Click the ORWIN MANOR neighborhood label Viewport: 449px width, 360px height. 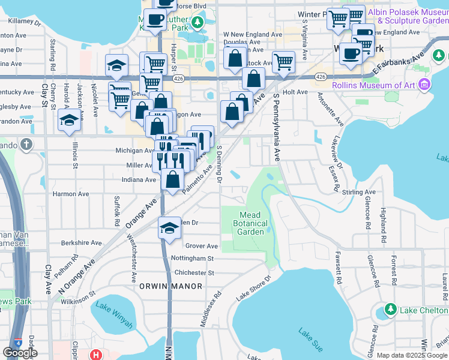coord(167,286)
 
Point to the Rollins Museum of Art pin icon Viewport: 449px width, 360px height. coord(426,85)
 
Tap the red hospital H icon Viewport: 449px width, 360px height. coord(95,355)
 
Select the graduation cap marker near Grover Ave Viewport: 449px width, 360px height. coord(170,228)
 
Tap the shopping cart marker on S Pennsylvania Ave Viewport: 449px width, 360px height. coord(283,61)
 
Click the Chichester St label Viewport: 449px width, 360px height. coord(194,272)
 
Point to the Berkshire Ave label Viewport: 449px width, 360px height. coord(82,243)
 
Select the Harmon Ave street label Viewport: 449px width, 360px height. coord(71,194)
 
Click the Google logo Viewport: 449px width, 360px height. coord(20,353)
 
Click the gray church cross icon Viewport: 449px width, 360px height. coord(25,144)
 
